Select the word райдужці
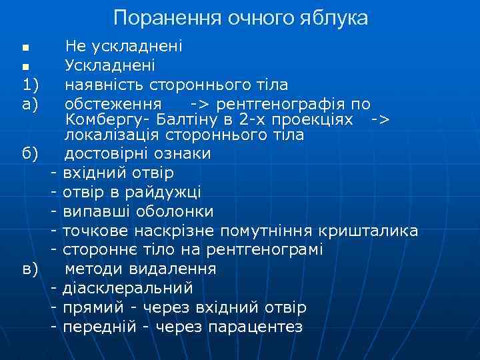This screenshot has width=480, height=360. pos(169,193)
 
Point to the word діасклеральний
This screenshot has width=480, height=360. pos(127,289)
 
